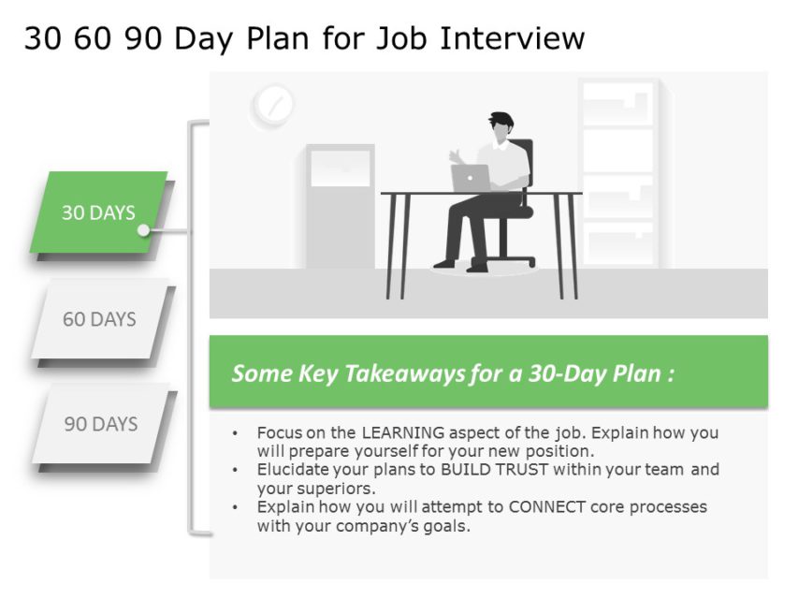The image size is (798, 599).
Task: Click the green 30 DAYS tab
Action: (x=98, y=212)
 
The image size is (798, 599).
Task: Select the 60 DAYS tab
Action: (x=99, y=319)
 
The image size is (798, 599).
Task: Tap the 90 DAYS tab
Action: (x=100, y=424)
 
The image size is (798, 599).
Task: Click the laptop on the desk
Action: (x=470, y=178)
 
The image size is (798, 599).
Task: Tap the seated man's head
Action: (x=501, y=128)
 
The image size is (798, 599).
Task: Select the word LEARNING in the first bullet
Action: (x=404, y=433)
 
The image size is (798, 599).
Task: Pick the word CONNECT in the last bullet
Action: (x=552, y=507)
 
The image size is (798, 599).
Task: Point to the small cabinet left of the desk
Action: (x=340, y=206)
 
